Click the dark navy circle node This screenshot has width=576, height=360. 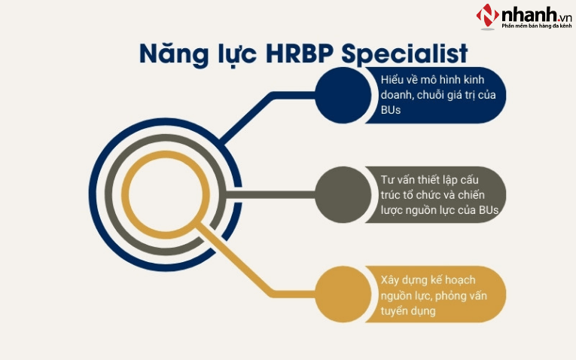coord(339,94)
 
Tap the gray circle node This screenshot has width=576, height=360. coord(339,194)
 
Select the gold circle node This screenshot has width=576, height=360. coord(339,293)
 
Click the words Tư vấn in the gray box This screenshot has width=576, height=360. coord(400,179)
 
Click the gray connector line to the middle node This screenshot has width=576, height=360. coord(279,194)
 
